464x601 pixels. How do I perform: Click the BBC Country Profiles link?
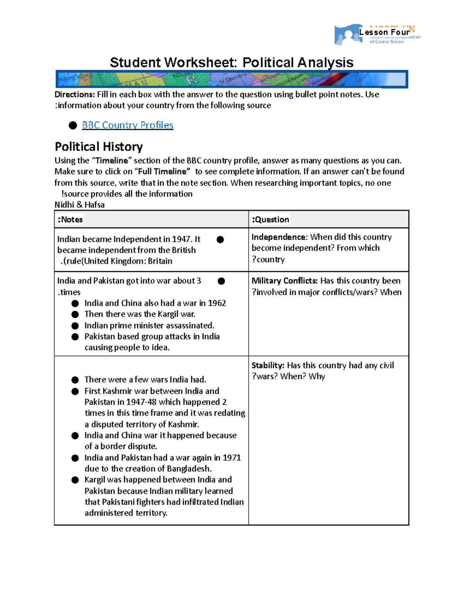pyautogui.click(x=128, y=125)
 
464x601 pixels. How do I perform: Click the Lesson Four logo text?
pyautogui.click(x=384, y=32)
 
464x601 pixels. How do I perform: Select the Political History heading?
pyautogui.click(x=99, y=147)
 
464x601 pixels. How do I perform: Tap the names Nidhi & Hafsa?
pyautogui.click(x=80, y=205)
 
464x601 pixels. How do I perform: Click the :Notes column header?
pyautogui.click(x=70, y=219)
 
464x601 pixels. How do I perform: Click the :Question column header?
pyautogui.click(x=270, y=219)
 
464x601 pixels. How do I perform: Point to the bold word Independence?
pyautogui.click(x=280, y=237)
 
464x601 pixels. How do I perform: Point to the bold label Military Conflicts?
pyautogui.click(x=285, y=281)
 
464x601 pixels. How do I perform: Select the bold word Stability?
pyautogui.click(x=268, y=365)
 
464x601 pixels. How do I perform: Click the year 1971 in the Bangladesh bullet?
pyautogui.click(x=232, y=457)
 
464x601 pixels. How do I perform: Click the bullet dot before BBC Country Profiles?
pyautogui.click(x=73, y=125)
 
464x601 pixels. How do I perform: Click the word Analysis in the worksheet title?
pyautogui.click(x=325, y=62)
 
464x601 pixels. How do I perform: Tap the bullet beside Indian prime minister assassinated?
pyautogui.click(x=75, y=326)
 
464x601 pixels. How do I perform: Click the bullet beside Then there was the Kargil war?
pyautogui.click(x=75, y=314)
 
